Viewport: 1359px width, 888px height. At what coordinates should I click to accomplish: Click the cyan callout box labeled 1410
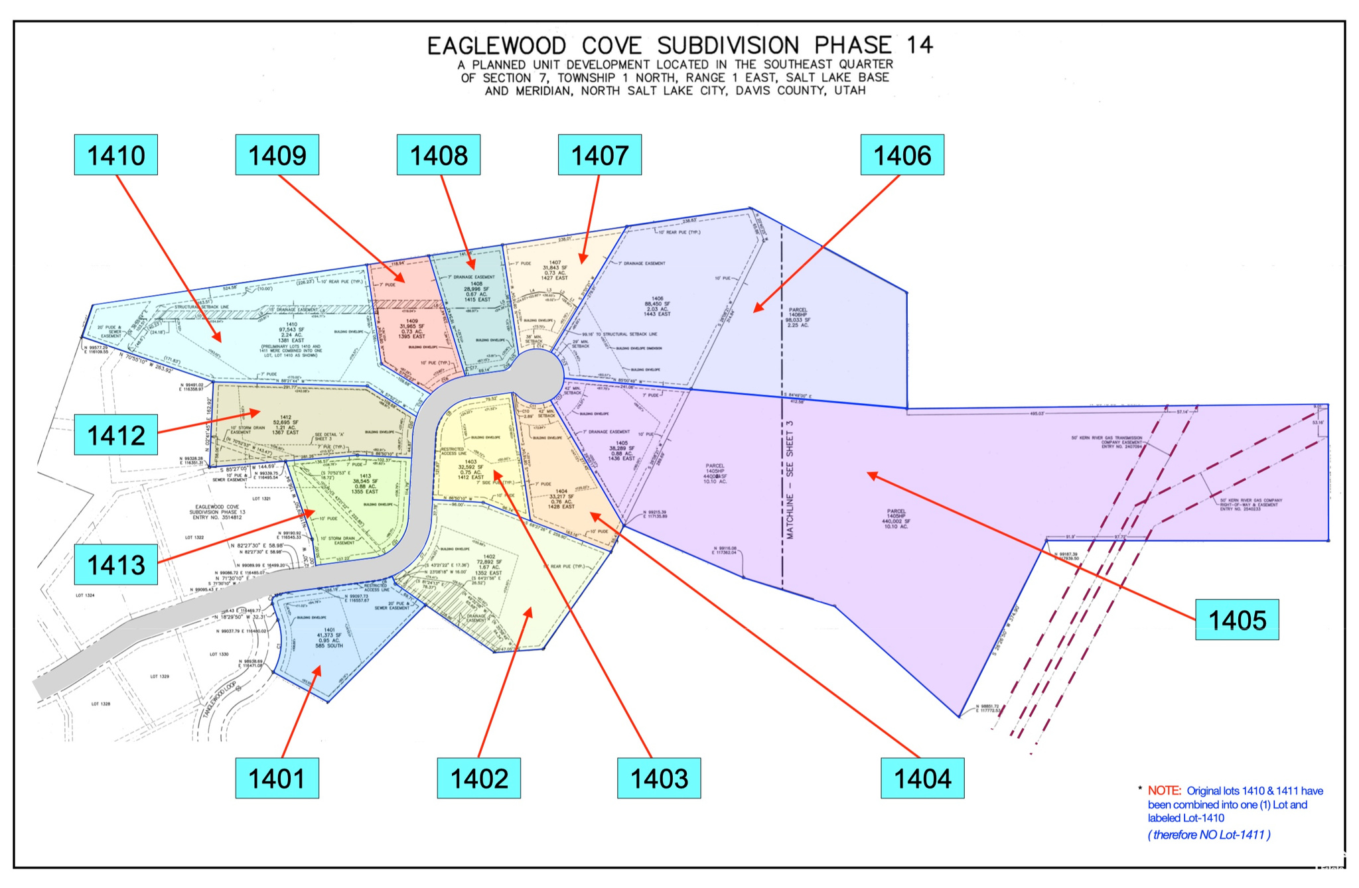click(x=116, y=155)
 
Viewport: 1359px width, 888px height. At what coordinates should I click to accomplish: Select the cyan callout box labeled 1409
click(x=277, y=155)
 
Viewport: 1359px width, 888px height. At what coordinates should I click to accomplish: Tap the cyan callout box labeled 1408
click(x=439, y=155)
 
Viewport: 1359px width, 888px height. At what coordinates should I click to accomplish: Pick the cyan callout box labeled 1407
click(x=600, y=155)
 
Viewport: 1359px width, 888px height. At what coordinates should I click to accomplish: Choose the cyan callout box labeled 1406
click(x=902, y=155)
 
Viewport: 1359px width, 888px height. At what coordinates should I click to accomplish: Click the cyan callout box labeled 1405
click(x=1237, y=620)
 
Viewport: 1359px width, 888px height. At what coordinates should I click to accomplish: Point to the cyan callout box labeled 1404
click(x=922, y=779)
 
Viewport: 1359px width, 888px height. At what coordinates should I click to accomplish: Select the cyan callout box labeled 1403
click(x=659, y=779)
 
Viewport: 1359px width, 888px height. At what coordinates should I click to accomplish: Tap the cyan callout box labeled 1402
click(x=479, y=779)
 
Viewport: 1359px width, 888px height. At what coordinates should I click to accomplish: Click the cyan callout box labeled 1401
click(x=277, y=779)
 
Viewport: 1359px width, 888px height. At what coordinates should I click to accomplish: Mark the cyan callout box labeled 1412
click(x=116, y=435)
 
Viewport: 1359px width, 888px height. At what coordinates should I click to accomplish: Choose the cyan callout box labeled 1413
click(x=116, y=565)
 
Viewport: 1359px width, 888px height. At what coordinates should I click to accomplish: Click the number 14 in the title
click(x=919, y=45)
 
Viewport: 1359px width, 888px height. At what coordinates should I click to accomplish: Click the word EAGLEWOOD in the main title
click(x=496, y=46)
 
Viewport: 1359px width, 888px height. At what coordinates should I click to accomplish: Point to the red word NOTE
click(x=1164, y=791)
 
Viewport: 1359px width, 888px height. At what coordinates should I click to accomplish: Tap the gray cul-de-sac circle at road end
click(x=537, y=376)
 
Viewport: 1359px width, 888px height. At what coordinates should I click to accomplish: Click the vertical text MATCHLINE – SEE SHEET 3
click(x=790, y=479)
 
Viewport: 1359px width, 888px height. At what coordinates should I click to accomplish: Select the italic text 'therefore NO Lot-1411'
click(x=1209, y=835)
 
